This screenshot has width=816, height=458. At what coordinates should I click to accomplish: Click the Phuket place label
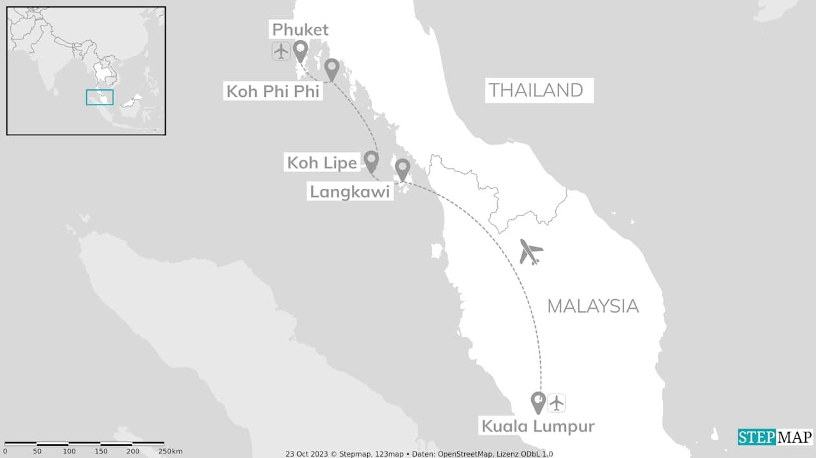pyautogui.click(x=300, y=29)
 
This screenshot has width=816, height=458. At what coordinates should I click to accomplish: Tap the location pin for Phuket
pyautogui.click(x=300, y=50)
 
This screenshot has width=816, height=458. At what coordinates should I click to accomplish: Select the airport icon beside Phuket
pyautogui.click(x=281, y=50)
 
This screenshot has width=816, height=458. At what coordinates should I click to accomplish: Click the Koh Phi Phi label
pyautogui.click(x=273, y=91)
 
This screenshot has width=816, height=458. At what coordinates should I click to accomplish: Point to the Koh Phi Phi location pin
pyautogui.click(x=331, y=68)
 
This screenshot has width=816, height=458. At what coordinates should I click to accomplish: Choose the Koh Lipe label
pyautogui.click(x=321, y=163)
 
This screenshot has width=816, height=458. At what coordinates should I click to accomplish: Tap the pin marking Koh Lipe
pyautogui.click(x=371, y=160)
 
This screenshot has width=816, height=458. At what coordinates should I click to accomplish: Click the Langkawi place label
pyautogui.click(x=349, y=191)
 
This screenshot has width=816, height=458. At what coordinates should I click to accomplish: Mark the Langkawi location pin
pyautogui.click(x=402, y=168)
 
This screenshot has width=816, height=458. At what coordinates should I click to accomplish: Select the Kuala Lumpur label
pyautogui.click(x=537, y=426)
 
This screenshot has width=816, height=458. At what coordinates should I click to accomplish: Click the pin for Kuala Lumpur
pyautogui.click(x=539, y=401)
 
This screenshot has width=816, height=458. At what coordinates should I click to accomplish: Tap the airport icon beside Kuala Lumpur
pyautogui.click(x=557, y=403)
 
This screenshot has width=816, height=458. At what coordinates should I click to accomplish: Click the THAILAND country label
pyautogui.click(x=535, y=91)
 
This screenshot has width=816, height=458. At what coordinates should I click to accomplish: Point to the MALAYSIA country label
pyautogui.click(x=593, y=306)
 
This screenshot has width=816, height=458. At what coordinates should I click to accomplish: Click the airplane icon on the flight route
pyautogui.click(x=530, y=251)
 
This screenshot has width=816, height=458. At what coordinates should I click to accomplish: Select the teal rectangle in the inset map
pyautogui.click(x=99, y=97)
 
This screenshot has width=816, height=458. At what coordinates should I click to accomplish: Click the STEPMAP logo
pyautogui.click(x=775, y=438)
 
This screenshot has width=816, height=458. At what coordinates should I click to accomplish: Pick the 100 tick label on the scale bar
pyautogui.click(x=69, y=452)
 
